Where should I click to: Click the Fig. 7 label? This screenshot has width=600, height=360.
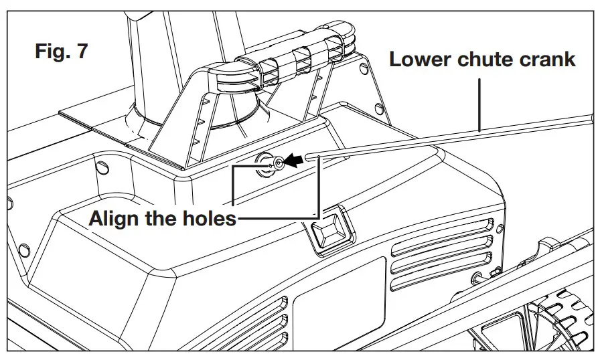(x=61, y=52)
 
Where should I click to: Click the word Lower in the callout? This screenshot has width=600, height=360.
(x=421, y=59)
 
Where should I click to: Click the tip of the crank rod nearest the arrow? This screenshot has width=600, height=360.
(x=309, y=158)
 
